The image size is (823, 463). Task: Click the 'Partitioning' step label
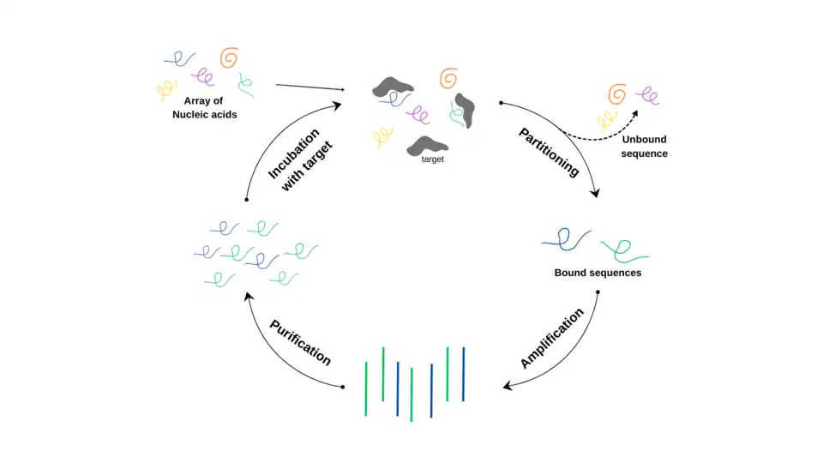point(549,152)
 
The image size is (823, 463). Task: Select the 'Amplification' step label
point(552,338)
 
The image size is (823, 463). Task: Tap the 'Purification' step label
point(301,342)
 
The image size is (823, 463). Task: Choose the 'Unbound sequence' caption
point(645,146)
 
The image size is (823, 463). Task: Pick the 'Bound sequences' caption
point(598,274)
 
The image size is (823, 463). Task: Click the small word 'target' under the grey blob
point(432,159)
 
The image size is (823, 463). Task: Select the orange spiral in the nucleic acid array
point(228,57)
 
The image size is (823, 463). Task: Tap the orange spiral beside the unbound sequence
point(616,93)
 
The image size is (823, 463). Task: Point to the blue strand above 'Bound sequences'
point(566,239)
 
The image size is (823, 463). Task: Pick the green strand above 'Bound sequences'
point(624,250)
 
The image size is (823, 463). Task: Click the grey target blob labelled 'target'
point(428,144)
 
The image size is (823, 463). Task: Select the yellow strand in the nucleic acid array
point(165,89)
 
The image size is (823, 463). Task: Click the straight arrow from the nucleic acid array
point(309,87)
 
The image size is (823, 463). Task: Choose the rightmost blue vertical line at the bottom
point(463,374)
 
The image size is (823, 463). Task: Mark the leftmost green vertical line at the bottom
point(366,388)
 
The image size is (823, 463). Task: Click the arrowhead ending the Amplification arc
point(508,387)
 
